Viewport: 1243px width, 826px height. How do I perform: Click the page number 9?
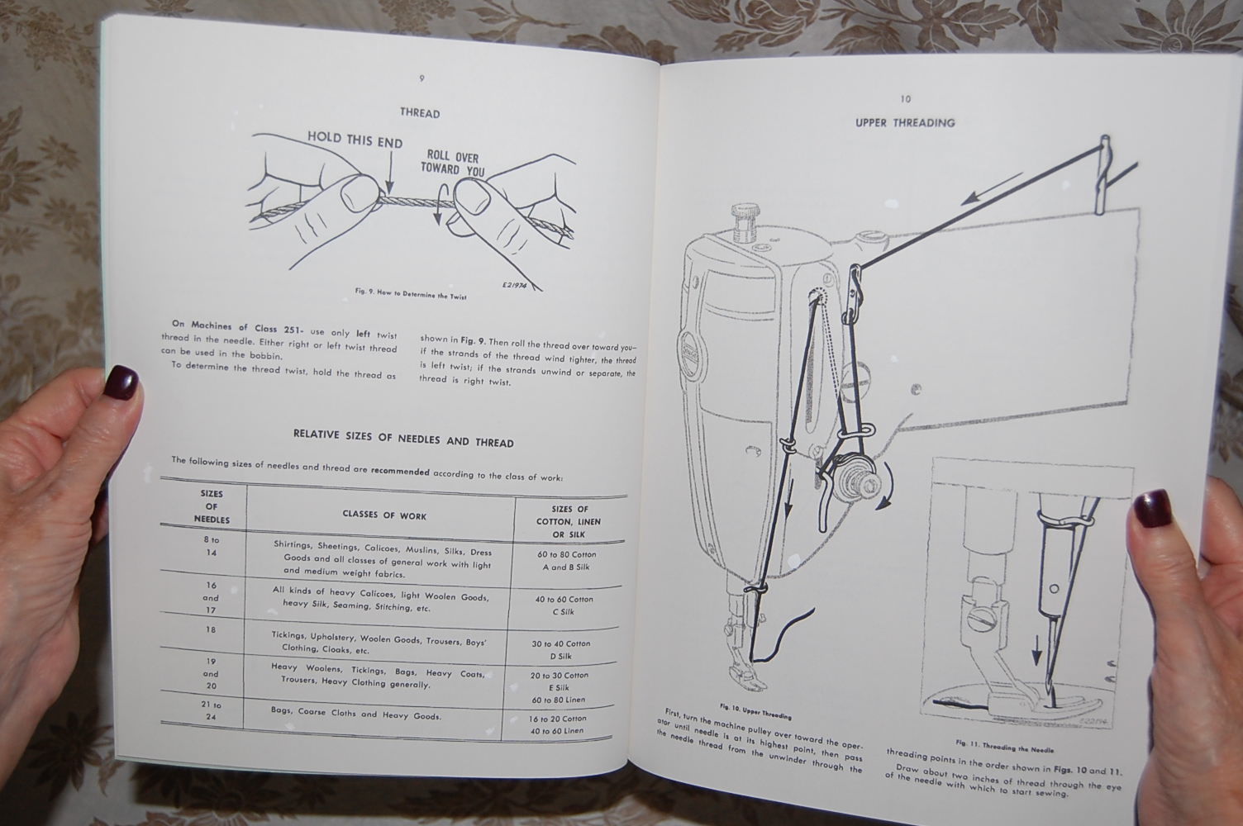pos(421,78)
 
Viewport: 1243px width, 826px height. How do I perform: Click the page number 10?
pos(906,99)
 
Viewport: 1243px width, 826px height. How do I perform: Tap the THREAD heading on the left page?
pos(420,113)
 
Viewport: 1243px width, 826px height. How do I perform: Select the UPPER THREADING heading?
pos(905,123)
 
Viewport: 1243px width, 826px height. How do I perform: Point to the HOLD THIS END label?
pos(355,140)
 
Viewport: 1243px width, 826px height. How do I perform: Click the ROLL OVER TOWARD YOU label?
pos(452,164)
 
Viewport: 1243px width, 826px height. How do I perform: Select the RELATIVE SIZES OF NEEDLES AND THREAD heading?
pos(403,441)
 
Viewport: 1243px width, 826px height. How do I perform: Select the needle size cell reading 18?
pos(211,629)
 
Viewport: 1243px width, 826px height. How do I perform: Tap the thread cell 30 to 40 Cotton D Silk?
pos(561,650)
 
